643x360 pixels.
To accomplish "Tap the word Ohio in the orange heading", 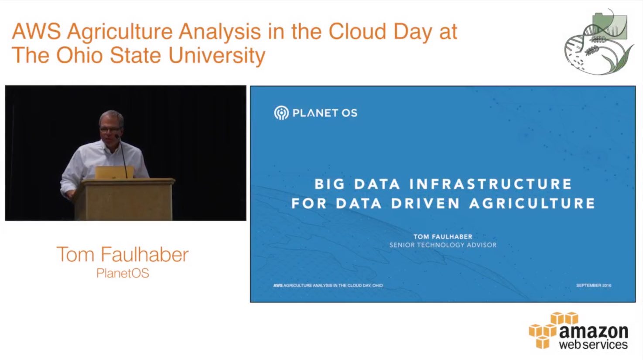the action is [x=79, y=55].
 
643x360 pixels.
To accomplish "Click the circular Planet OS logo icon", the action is [x=281, y=113].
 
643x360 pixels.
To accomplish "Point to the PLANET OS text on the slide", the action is [x=325, y=113].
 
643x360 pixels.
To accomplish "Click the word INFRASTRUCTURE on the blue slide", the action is [x=491, y=184].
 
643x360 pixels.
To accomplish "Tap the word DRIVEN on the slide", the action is [x=426, y=203].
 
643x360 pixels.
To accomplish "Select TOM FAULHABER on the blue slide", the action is [x=443, y=237].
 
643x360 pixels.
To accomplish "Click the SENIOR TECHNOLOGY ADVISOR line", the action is [x=443, y=245].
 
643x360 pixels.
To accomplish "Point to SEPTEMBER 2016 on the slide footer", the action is [x=594, y=285].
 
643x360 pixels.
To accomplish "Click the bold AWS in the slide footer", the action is [x=278, y=285].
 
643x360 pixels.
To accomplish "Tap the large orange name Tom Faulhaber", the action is [x=123, y=254].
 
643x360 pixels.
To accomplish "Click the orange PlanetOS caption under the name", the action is [x=123, y=273].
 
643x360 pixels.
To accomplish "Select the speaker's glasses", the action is [x=110, y=130].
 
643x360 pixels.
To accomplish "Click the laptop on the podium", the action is [x=114, y=172].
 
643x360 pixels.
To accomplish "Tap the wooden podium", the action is [x=125, y=199].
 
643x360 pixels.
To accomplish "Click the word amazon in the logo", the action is [x=594, y=333].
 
